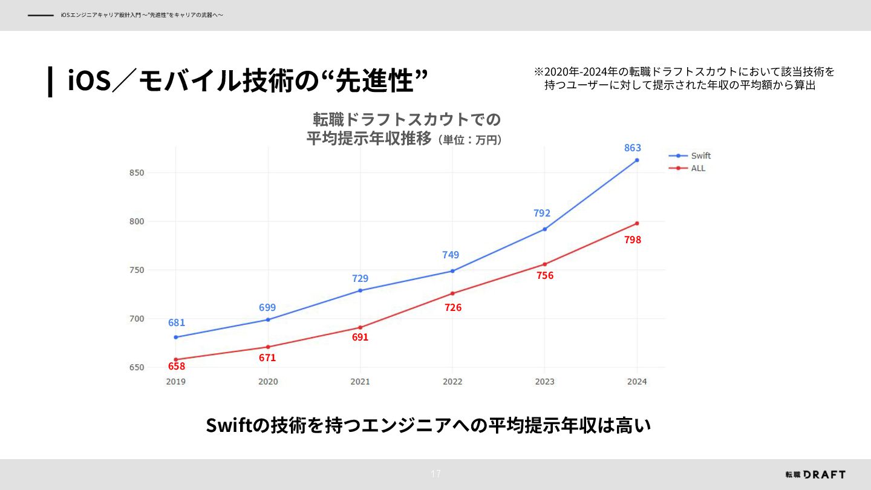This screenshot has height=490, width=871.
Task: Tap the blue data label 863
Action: click(x=633, y=148)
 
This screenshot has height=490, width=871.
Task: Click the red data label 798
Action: click(x=633, y=240)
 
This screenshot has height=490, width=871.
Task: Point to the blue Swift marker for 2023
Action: click(x=544, y=229)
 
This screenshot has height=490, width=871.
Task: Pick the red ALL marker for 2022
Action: click(x=452, y=293)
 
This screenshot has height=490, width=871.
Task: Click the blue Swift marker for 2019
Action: click(x=175, y=337)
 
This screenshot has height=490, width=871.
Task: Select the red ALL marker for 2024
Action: click(x=637, y=223)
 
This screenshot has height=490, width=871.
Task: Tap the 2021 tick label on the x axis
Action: click(x=360, y=382)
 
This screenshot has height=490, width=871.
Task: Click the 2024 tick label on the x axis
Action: click(x=637, y=382)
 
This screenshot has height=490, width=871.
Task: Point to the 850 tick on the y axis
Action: click(x=136, y=173)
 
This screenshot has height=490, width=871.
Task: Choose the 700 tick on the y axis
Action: click(x=136, y=319)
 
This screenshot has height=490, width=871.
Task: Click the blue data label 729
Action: click(x=360, y=278)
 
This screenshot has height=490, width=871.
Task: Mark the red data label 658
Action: click(x=177, y=366)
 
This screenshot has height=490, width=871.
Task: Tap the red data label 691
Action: click(x=360, y=337)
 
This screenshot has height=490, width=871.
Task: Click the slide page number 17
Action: click(x=435, y=474)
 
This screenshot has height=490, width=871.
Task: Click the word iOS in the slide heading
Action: click(x=88, y=80)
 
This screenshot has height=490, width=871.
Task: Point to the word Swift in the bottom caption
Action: click(x=229, y=425)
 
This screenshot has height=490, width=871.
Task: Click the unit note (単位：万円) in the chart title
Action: click(x=469, y=140)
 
